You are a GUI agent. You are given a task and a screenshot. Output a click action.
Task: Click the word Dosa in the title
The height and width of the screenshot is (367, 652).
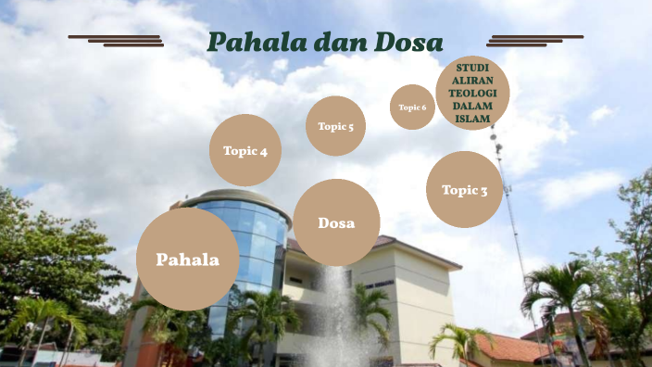click(x=408, y=43)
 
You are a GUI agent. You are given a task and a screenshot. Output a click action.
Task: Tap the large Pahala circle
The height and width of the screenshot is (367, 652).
click(x=187, y=259)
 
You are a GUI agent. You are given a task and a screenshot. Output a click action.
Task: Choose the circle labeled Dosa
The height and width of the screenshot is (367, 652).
click(x=336, y=222)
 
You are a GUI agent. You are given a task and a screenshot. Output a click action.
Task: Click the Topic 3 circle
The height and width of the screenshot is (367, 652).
click(x=464, y=190)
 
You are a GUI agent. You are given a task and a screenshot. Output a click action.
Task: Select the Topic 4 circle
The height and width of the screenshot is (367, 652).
click(x=245, y=151)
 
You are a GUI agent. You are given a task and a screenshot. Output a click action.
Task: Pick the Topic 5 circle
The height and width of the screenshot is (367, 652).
click(x=335, y=126)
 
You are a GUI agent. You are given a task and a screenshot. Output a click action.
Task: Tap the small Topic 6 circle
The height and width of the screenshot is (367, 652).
click(x=412, y=108)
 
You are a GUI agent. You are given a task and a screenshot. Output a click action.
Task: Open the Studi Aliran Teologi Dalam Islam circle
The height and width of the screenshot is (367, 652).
click(x=472, y=93)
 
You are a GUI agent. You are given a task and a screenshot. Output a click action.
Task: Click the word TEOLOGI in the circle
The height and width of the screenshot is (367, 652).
click(x=472, y=93)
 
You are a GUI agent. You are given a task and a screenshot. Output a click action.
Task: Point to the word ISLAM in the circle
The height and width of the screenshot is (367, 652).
click(x=472, y=119)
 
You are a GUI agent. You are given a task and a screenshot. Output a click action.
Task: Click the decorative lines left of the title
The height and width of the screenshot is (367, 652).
click(x=117, y=40)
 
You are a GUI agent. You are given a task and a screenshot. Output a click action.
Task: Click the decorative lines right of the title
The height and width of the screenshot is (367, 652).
click(x=534, y=40)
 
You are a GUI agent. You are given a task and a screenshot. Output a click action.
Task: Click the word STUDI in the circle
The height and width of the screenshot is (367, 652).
click(x=472, y=68)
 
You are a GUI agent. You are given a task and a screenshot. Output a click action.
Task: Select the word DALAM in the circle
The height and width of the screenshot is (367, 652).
click(x=472, y=106)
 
